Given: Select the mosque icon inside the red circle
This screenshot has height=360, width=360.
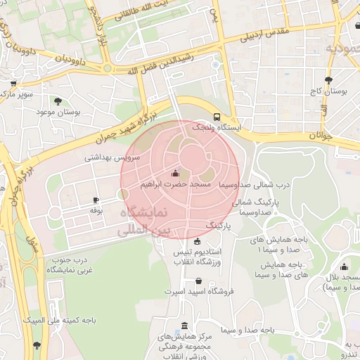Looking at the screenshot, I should [175, 173].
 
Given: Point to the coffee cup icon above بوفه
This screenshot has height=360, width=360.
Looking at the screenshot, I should [96, 200].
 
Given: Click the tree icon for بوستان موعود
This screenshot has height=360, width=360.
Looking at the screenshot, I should [58, 101].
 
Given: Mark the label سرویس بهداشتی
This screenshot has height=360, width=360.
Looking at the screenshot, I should [112, 157].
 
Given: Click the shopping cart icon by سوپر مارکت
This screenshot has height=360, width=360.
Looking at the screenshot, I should [12, 83].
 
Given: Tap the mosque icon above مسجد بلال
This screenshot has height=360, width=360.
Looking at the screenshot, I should [344, 266].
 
